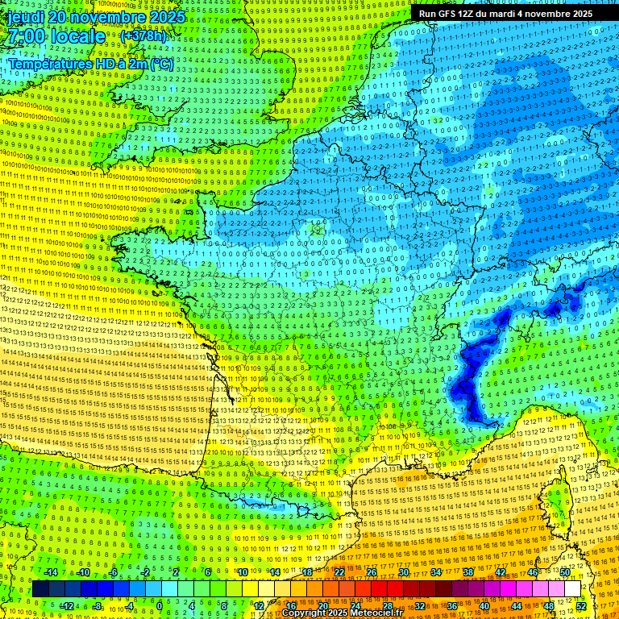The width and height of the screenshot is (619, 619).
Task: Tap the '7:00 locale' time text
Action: point(55,36)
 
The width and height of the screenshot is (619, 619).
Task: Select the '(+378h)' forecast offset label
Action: point(143,36)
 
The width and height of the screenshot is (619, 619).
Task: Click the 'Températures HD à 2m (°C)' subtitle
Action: point(90,63)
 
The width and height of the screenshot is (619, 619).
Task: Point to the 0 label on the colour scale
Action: point(159,605)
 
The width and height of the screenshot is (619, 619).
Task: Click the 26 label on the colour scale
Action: point(372,572)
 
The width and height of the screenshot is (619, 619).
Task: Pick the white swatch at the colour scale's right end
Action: point(572,589)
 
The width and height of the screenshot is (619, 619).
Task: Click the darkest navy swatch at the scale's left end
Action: point(40,589)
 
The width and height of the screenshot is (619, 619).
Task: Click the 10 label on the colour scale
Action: point(242,572)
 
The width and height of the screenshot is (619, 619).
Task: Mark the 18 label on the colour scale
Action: point(307,572)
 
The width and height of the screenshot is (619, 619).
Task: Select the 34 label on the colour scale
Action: point(436,572)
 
